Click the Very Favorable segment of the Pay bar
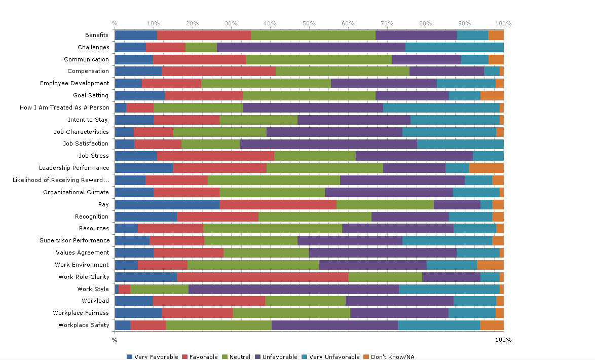167,204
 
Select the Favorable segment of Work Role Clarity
263,277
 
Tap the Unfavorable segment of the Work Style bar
293,289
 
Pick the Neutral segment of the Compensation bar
342,71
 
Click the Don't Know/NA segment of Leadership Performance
486,168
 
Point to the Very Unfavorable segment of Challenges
454,47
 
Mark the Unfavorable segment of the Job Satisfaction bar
328,144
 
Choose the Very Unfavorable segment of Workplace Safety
438,325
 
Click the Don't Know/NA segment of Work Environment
490,265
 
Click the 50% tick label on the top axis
309,23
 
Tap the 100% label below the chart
503,339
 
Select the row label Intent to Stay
88,120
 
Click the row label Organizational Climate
76,192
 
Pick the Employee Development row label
75,83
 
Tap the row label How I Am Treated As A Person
64,107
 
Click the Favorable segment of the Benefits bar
204,35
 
